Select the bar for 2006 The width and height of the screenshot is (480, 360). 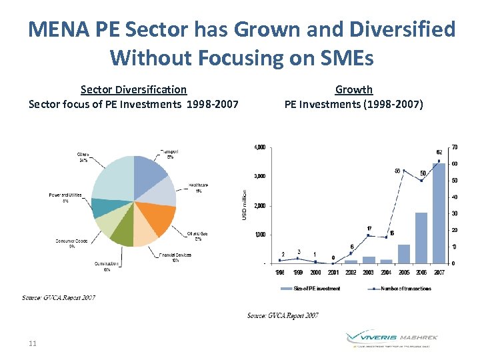coord(421,237)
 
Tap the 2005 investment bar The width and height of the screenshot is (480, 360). coord(404,253)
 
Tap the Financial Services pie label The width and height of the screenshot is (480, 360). coord(175,257)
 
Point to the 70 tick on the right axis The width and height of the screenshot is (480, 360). coord(454,147)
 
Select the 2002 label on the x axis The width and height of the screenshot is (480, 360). coord(351,272)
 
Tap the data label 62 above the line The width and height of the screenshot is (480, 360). coord(439,152)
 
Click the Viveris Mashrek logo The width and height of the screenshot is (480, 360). coord(392,339)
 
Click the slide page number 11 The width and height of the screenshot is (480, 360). coord(33,343)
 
